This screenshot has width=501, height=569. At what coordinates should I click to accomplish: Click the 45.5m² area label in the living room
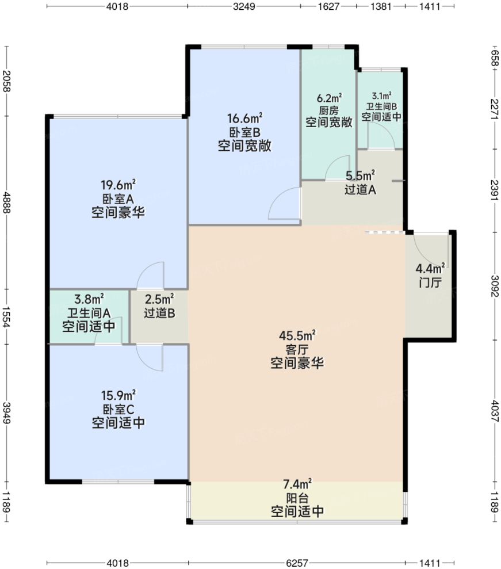(x=297, y=336)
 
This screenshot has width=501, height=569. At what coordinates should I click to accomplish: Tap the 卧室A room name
(x=117, y=198)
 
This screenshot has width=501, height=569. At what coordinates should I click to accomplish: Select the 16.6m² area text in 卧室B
(x=244, y=119)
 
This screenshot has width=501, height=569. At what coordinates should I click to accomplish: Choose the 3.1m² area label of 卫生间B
(x=381, y=96)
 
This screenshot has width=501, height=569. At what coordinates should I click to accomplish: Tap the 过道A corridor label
(x=360, y=189)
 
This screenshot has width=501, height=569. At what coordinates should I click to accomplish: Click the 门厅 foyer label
(x=430, y=283)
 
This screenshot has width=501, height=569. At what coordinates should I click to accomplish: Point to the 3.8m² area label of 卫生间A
(x=89, y=299)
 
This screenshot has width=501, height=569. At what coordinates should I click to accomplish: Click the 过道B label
(x=159, y=314)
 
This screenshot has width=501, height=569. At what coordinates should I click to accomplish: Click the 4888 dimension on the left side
(x=6, y=202)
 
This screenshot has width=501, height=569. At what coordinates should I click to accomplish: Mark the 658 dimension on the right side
(x=494, y=58)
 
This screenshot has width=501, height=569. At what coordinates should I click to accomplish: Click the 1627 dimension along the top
(x=329, y=7)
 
